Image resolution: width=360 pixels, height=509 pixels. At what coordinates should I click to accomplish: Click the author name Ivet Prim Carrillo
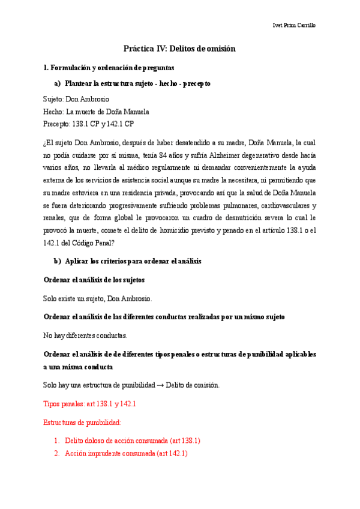pyautogui.click(x=294, y=25)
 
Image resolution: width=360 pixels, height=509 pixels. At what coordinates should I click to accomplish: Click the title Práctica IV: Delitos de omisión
pyautogui.click(x=179, y=49)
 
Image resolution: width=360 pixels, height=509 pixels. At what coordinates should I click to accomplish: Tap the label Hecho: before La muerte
pyautogui.click(x=53, y=112)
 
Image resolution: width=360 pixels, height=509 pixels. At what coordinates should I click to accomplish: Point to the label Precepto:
pyautogui.click(x=58, y=124)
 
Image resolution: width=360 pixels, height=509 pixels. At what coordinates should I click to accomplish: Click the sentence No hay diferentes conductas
pyautogui.click(x=85, y=335)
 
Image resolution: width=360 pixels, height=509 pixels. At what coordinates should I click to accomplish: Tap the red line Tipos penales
pyautogui.click(x=90, y=404)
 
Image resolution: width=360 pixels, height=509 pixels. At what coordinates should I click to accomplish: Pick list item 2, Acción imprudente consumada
pyautogui.click(x=126, y=454)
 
